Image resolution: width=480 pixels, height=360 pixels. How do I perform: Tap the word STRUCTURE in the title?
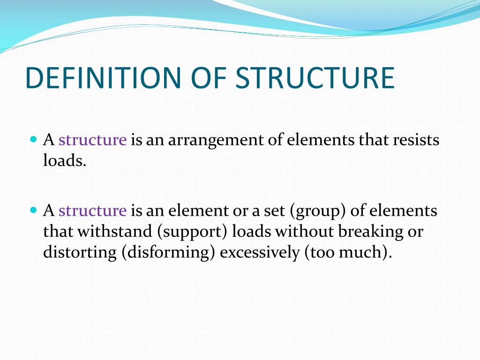[315, 78]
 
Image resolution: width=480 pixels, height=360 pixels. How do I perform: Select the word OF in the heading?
[208, 78]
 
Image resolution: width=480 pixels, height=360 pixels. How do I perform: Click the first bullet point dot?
[33, 140]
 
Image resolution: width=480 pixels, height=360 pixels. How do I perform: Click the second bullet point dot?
[33, 210]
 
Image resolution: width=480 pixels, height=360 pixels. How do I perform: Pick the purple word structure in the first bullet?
[93, 140]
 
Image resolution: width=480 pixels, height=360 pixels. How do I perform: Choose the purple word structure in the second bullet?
[93, 211]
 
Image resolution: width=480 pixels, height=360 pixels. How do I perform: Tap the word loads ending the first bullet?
[65, 161]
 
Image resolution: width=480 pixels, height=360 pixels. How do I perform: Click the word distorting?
[80, 252]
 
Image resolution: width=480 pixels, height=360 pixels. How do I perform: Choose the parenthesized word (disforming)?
[168, 252]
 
